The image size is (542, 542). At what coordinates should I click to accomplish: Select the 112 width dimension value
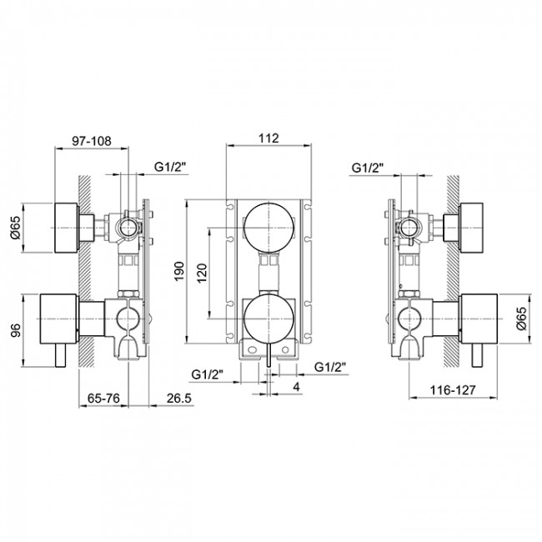[x=268, y=138]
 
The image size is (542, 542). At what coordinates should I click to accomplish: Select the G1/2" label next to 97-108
[x=171, y=167]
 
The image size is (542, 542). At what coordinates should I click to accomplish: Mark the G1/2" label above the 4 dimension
[x=330, y=367]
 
